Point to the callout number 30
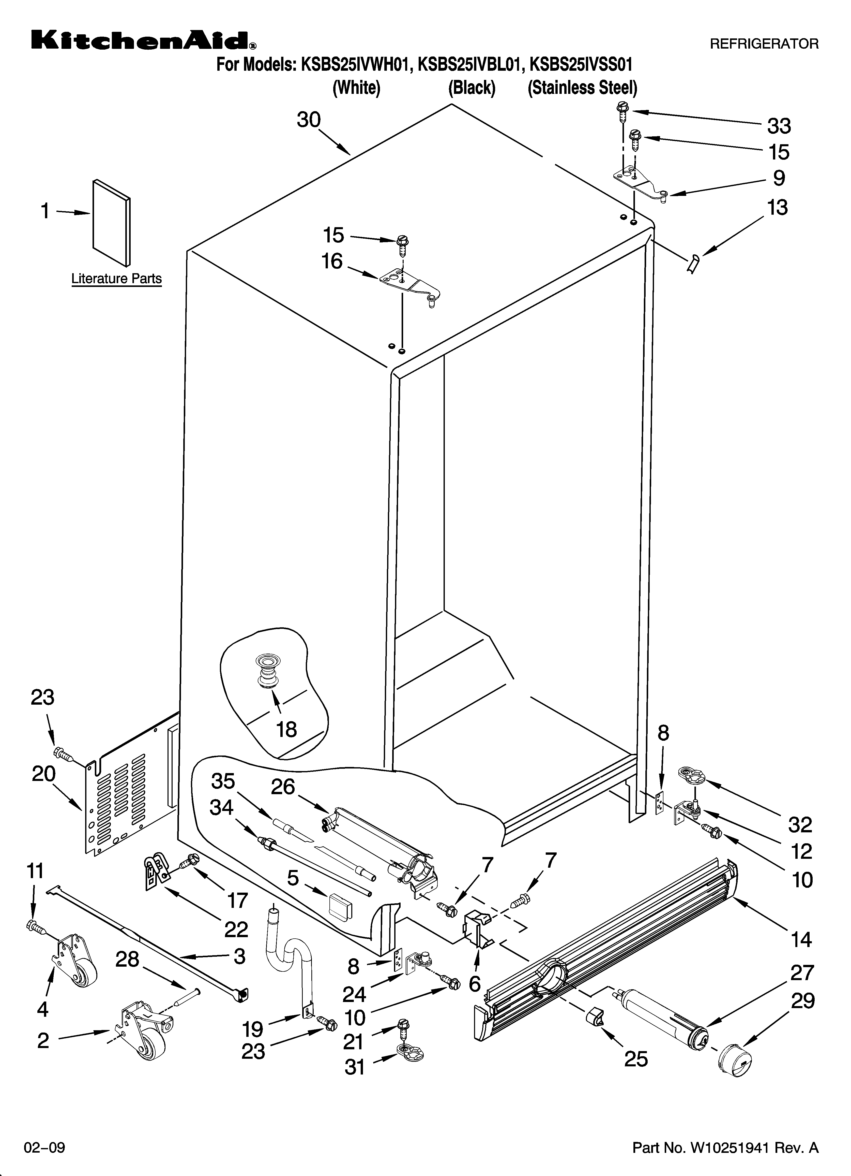(x=309, y=120)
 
